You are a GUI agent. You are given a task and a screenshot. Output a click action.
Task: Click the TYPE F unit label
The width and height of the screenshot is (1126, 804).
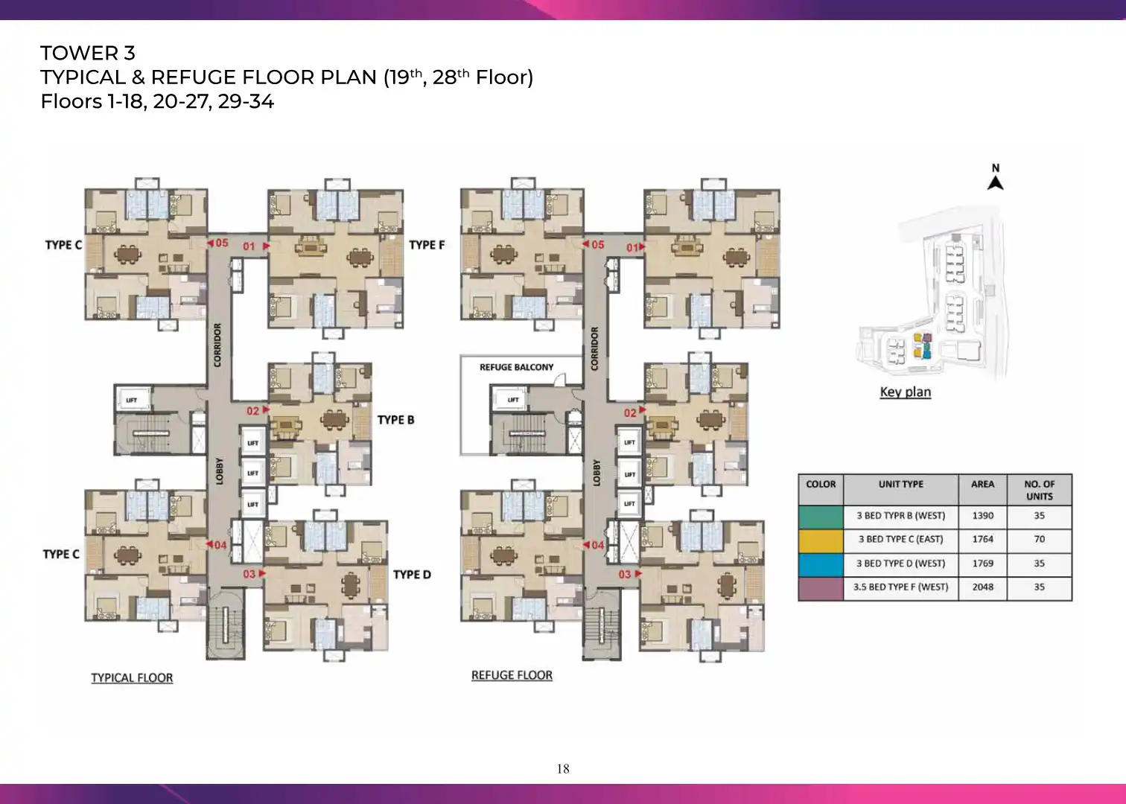tap(427, 245)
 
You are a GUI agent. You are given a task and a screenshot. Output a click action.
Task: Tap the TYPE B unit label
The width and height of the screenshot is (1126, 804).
tap(396, 420)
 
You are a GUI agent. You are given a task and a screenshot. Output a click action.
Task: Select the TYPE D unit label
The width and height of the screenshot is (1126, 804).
tap(413, 575)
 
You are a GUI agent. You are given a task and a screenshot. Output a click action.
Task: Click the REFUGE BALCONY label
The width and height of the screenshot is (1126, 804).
tap(516, 367)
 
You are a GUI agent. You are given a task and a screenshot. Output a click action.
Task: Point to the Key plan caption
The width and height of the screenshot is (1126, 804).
tap(906, 392)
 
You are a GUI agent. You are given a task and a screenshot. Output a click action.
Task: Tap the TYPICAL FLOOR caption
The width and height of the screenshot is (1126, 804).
tap(133, 678)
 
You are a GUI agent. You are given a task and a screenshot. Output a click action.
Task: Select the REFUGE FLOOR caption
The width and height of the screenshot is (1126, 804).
tap(512, 675)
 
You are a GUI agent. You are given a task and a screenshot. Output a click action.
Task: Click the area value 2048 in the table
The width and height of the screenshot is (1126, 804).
tap(983, 587)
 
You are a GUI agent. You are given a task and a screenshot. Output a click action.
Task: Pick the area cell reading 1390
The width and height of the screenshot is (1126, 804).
tap(983, 516)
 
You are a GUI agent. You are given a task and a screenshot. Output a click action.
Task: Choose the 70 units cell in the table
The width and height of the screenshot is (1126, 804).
tap(1040, 539)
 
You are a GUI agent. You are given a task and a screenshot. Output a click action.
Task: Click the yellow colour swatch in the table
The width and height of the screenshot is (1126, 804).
tap(821, 541)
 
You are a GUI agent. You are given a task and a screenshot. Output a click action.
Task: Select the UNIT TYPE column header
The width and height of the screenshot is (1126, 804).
tap(901, 485)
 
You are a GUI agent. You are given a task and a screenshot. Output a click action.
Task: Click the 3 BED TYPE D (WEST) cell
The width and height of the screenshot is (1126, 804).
tap(901, 564)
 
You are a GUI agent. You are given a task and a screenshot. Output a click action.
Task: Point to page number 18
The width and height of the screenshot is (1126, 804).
tap(563, 769)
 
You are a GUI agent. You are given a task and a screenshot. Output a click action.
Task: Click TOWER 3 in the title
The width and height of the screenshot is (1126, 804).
tap(88, 53)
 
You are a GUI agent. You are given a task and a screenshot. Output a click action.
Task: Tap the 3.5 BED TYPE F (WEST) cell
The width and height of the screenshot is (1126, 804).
tap(901, 587)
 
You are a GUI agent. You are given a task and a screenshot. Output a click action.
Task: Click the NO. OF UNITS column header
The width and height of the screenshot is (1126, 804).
tap(1040, 490)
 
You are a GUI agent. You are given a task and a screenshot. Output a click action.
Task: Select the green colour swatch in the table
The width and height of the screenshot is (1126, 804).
tap(821, 517)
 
